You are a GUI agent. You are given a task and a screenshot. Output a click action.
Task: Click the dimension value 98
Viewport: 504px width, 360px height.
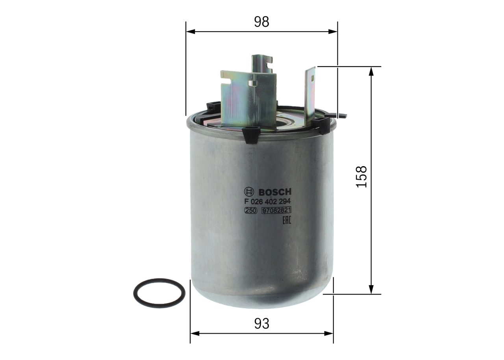pos(261,22)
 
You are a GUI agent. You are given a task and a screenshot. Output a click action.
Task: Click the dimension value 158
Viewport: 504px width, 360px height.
pos(361,176)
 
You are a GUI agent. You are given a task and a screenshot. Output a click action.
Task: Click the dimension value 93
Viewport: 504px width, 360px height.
pos(261,324)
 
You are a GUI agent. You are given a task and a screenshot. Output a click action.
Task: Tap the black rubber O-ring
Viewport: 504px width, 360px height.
pos(159,293)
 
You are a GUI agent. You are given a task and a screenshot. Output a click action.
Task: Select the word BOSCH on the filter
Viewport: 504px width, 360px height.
pos(274,192)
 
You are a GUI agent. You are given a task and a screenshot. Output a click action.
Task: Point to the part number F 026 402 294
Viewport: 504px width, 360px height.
pos(267,201)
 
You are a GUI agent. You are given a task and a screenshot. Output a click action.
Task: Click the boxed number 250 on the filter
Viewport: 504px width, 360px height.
pos(251,211)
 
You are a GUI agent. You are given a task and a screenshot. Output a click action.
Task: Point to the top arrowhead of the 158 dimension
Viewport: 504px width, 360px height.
pos(371,71)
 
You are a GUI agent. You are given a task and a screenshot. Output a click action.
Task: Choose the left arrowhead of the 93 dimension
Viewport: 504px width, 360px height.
pos(195,333)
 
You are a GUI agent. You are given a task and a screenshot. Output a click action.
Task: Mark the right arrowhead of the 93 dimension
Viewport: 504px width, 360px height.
pos(329,333)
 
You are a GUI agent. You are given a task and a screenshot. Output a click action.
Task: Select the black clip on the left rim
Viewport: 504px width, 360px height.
pos(213,106)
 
